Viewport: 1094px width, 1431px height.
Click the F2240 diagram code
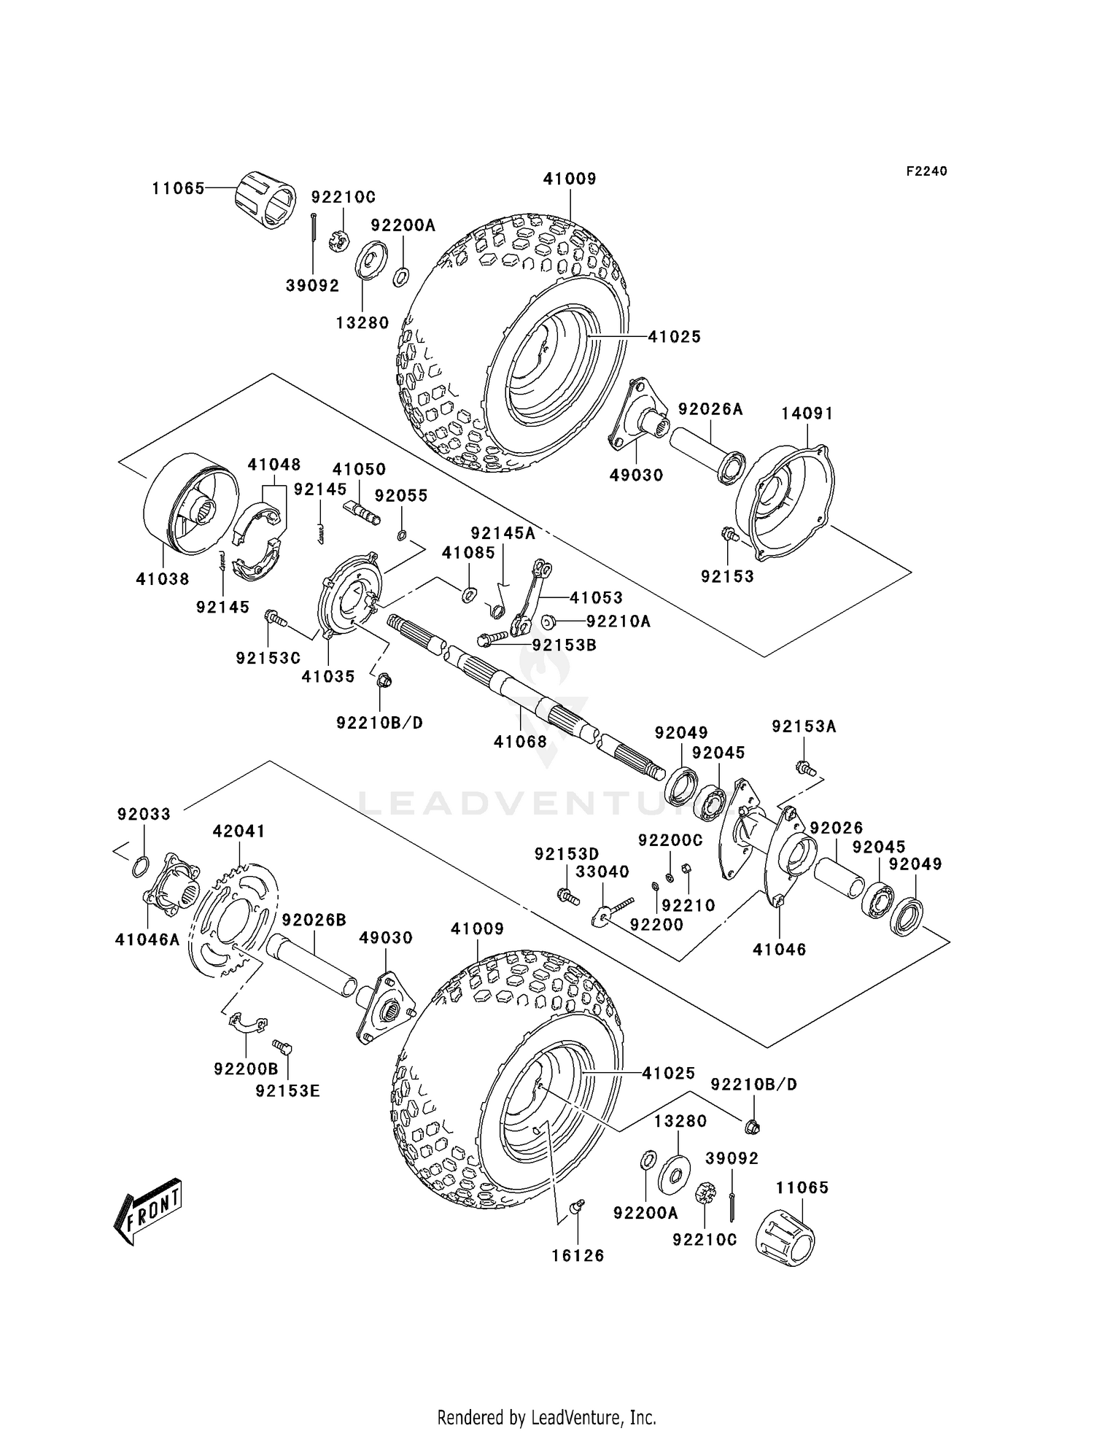[926, 171]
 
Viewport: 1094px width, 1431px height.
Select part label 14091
[807, 413]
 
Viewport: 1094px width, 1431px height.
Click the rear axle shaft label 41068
[520, 742]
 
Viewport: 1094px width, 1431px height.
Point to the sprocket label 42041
[238, 831]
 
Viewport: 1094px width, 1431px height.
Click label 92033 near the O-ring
[144, 814]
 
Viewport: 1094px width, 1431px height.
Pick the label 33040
[602, 872]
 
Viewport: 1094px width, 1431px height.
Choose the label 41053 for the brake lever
[596, 598]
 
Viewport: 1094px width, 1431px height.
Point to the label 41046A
[147, 940]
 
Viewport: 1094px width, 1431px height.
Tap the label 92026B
[314, 920]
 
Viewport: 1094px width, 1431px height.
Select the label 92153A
[804, 726]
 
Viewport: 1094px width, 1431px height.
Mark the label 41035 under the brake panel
[328, 676]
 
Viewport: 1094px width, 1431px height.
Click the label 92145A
[503, 533]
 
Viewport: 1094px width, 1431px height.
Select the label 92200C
[670, 840]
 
